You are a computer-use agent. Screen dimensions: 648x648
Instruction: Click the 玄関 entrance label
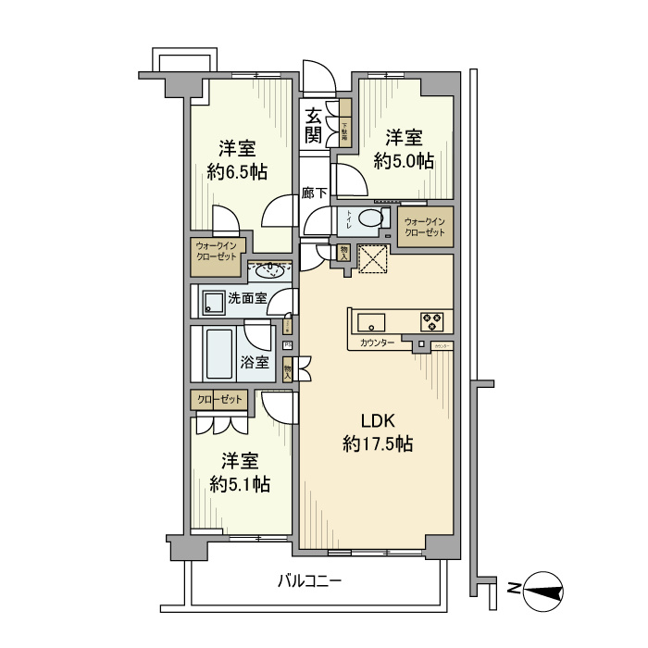314,126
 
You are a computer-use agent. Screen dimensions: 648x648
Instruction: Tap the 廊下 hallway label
315,193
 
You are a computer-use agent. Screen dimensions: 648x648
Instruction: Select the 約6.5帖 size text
238,171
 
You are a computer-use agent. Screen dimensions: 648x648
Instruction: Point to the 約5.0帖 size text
405,160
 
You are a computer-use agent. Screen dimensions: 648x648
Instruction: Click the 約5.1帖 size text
240,483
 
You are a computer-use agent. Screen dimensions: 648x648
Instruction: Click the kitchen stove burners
432,321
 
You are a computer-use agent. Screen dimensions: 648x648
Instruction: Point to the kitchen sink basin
371,321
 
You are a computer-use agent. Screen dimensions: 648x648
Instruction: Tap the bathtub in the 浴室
220,354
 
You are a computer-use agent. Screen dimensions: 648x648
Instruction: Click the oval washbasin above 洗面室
269,270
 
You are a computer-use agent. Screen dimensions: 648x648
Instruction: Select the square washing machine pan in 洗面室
214,300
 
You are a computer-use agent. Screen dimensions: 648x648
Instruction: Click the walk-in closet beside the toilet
425,226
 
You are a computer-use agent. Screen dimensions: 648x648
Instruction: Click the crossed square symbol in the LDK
372,259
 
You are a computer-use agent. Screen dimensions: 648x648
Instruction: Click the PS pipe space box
288,345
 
